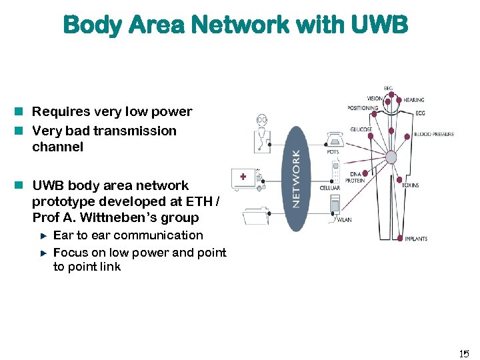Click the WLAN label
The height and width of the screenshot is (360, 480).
pyautogui.click(x=344, y=219)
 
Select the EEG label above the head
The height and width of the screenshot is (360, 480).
pyautogui.click(x=388, y=88)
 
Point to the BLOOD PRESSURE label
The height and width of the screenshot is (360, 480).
pyautogui.click(x=434, y=134)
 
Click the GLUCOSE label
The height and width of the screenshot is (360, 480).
pyautogui.click(x=361, y=129)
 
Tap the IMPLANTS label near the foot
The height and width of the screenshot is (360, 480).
pyautogui.click(x=416, y=239)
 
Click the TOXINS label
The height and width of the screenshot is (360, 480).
pyautogui.click(x=411, y=185)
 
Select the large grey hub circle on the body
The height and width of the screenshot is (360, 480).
pyautogui.click(x=391, y=157)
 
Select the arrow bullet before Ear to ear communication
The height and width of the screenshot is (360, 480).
pyautogui.click(x=43, y=235)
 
